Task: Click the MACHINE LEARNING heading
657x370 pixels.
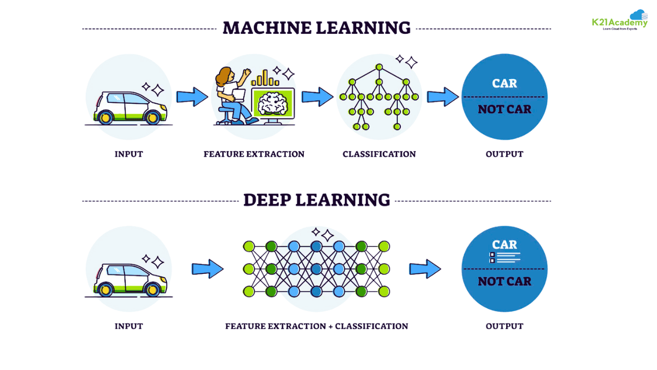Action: pyautogui.click(x=316, y=28)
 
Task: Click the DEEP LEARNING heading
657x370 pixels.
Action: pyautogui.click(x=316, y=200)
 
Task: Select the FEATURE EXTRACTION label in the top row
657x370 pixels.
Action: pyautogui.click(x=254, y=154)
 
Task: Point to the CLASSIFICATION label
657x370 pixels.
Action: pyautogui.click(x=379, y=154)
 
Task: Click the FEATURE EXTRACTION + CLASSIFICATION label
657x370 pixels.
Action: pyautogui.click(x=316, y=326)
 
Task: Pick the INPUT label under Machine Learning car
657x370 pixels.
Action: pyautogui.click(x=128, y=154)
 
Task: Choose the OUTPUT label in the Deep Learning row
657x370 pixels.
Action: pyautogui.click(x=504, y=326)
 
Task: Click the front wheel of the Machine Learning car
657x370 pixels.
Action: pyautogui.click(x=152, y=118)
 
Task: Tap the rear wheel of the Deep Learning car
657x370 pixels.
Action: pyautogui.click(x=106, y=290)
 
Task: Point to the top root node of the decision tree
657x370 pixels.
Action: pyautogui.click(x=379, y=67)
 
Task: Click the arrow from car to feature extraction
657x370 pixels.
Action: pyautogui.click(x=192, y=97)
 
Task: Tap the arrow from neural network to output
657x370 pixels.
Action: pyautogui.click(x=424, y=269)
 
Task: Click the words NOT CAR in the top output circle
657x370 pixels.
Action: pyautogui.click(x=504, y=109)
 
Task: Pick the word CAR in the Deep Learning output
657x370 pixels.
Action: pyautogui.click(x=504, y=245)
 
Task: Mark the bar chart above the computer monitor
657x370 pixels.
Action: pyautogui.click(x=265, y=79)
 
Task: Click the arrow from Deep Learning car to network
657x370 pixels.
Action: pyautogui.click(x=207, y=269)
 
